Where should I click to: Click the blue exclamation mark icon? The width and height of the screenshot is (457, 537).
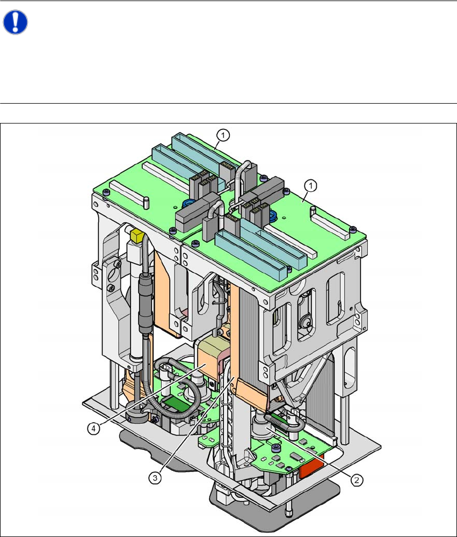coord(15,22)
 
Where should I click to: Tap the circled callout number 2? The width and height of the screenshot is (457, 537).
coord(356,480)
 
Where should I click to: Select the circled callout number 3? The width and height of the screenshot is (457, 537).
coord(155,477)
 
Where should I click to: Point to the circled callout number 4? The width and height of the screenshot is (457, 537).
coord(93,429)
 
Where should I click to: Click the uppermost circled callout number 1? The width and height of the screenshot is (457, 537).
coord(223,135)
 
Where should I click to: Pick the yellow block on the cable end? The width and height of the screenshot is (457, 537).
coord(137,236)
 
